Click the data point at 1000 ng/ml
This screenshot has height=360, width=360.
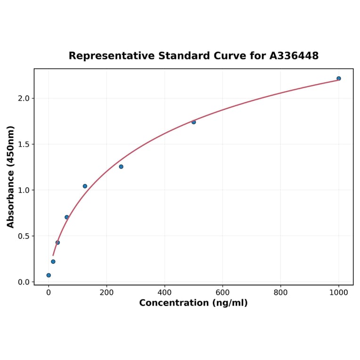338,78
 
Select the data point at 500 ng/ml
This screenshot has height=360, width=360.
194,122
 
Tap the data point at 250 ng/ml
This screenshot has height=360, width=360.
121,166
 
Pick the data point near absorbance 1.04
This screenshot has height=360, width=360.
85,186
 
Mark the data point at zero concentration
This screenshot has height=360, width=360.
49,275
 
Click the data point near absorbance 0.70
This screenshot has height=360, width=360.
66,217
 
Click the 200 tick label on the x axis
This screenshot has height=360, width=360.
106,293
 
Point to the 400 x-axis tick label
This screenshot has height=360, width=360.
164,293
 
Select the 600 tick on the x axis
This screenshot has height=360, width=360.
222,293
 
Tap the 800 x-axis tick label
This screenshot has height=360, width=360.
280,293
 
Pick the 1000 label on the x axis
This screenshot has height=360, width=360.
338,293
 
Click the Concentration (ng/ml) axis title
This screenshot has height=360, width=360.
193,303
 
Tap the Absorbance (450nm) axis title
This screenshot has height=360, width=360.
11,177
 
